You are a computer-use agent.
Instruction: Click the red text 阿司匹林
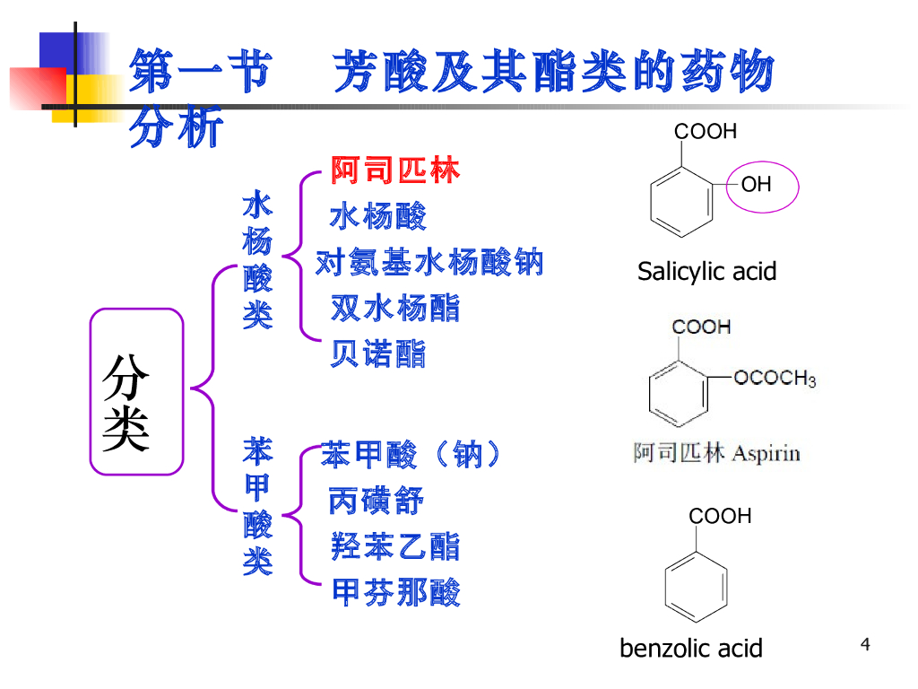tap(394, 170)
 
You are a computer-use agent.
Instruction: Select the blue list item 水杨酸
tap(377, 216)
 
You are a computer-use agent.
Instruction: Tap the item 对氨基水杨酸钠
tap(429, 263)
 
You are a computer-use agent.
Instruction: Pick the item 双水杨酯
tap(394, 309)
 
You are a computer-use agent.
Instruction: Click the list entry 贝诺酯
tap(377, 353)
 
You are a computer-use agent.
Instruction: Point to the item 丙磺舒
tap(376, 501)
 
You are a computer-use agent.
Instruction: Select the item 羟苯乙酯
tap(394, 545)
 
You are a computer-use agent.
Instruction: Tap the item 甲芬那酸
tap(395, 592)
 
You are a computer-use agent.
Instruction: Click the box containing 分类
tap(136, 391)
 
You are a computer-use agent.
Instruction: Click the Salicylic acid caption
tap(706, 271)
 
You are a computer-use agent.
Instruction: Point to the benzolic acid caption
tap(690, 648)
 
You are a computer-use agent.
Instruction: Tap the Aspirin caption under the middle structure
tap(716, 452)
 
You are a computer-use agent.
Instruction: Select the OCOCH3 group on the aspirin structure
tap(774, 378)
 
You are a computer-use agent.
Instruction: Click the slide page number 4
tap(865, 643)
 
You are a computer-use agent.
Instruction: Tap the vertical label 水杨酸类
tap(257, 260)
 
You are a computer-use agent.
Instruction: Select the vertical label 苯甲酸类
tap(257, 506)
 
